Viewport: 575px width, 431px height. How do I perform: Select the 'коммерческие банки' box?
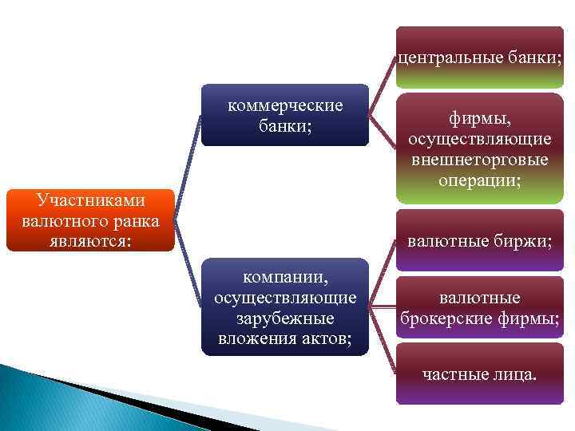click(285, 115)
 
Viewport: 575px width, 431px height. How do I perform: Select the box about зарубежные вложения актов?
click(285, 306)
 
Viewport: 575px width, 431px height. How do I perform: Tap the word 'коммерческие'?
click(285, 106)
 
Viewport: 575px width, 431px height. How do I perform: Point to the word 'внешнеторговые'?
click(480, 160)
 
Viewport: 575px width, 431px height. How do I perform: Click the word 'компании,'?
click(285, 279)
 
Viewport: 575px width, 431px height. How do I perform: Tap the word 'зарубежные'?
click(285, 317)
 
